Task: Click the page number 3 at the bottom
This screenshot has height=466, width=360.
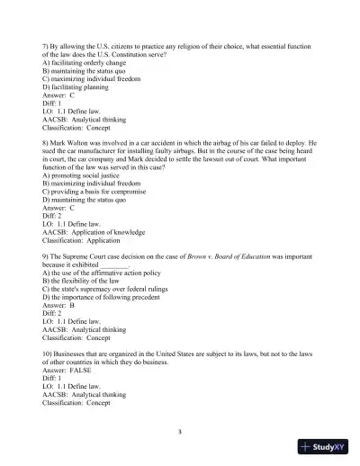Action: pyautogui.click(x=180, y=432)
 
